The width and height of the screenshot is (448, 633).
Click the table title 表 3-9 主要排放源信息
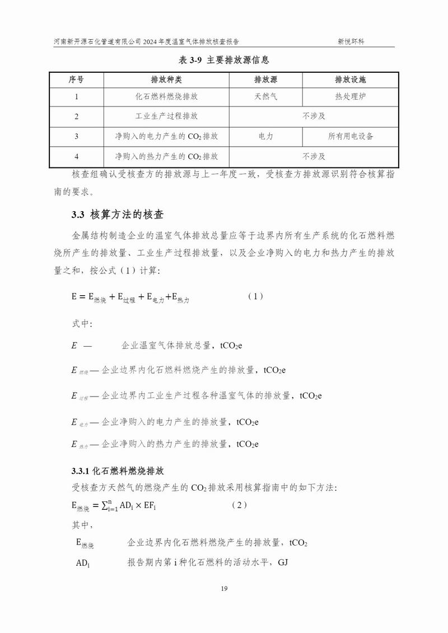click(223, 59)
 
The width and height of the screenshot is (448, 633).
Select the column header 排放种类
click(166, 79)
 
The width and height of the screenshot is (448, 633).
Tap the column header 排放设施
click(350, 79)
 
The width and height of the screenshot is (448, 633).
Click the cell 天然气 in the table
click(265, 96)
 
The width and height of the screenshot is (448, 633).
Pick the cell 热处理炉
click(350, 96)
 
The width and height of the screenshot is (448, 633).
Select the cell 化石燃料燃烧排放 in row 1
click(166, 96)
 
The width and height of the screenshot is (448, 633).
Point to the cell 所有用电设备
click(350, 136)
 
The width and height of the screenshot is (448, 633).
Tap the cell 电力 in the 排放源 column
click(265, 136)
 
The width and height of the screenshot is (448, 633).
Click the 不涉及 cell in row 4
click(314, 156)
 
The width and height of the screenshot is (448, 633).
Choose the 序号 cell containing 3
click(76, 136)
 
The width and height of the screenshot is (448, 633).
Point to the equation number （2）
click(239, 505)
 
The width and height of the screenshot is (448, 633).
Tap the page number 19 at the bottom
click(223, 588)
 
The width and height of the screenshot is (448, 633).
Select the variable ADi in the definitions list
click(83, 562)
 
